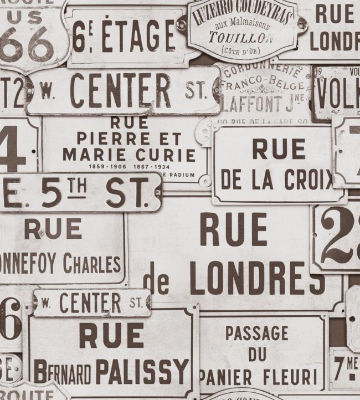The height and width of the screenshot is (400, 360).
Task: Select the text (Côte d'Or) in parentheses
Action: tap(240, 51)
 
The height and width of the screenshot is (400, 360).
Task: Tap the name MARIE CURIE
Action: tap(128, 155)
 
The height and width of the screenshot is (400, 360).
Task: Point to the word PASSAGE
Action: tap(256, 333)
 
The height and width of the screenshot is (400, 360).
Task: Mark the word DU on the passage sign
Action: tap(257, 354)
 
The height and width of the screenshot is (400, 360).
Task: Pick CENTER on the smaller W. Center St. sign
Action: tap(90, 302)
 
